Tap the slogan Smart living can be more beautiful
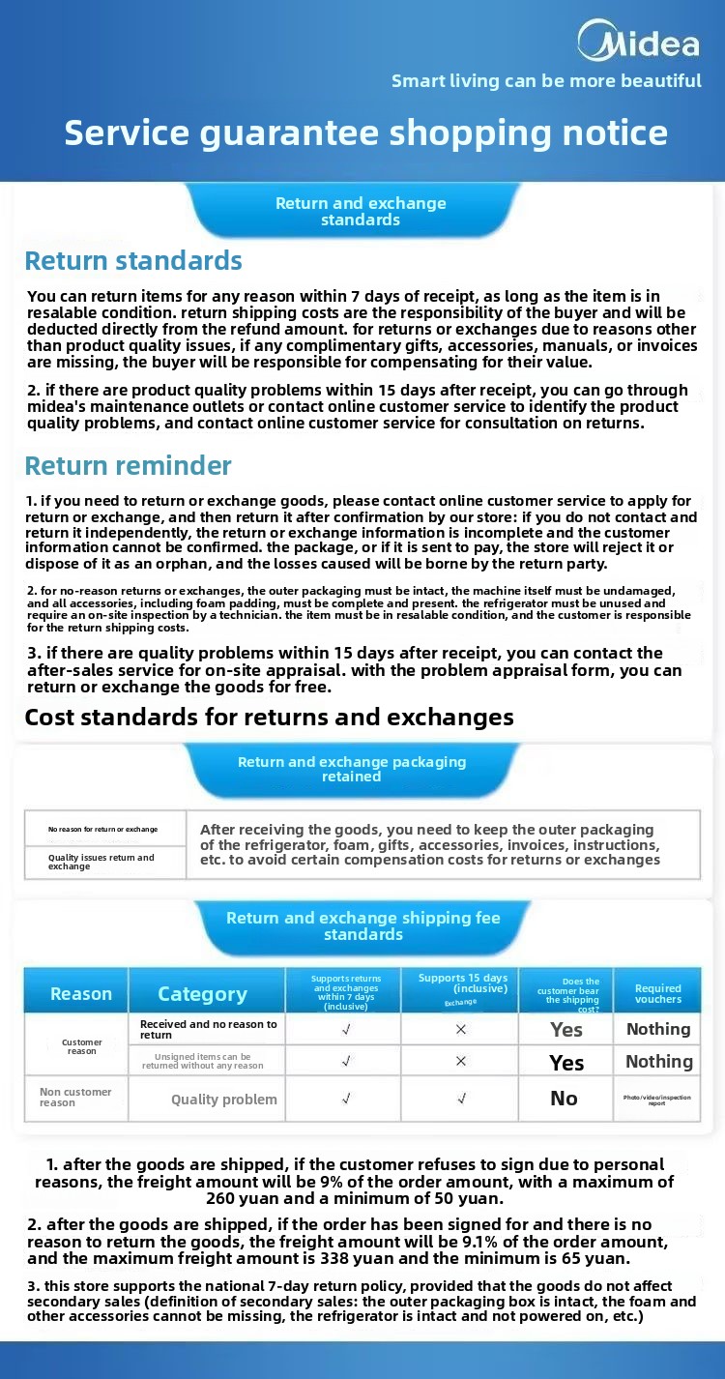(x=546, y=81)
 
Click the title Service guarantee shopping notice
(x=365, y=132)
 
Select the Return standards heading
(x=133, y=261)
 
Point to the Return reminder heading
(x=128, y=466)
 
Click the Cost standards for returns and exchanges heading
(x=269, y=718)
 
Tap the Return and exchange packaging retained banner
(x=352, y=769)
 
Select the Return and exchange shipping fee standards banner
(x=362, y=925)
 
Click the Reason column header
(x=81, y=994)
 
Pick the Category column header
(x=202, y=994)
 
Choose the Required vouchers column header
(x=658, y=994)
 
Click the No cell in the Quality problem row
(x=564, y=1099)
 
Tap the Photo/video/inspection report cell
(x=657, y=1100)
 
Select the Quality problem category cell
(x=223, y=1100)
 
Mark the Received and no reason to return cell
(x=208, y=1029)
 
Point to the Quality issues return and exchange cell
(x=101, y=862)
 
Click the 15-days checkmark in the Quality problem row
(x=461, y=1099)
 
